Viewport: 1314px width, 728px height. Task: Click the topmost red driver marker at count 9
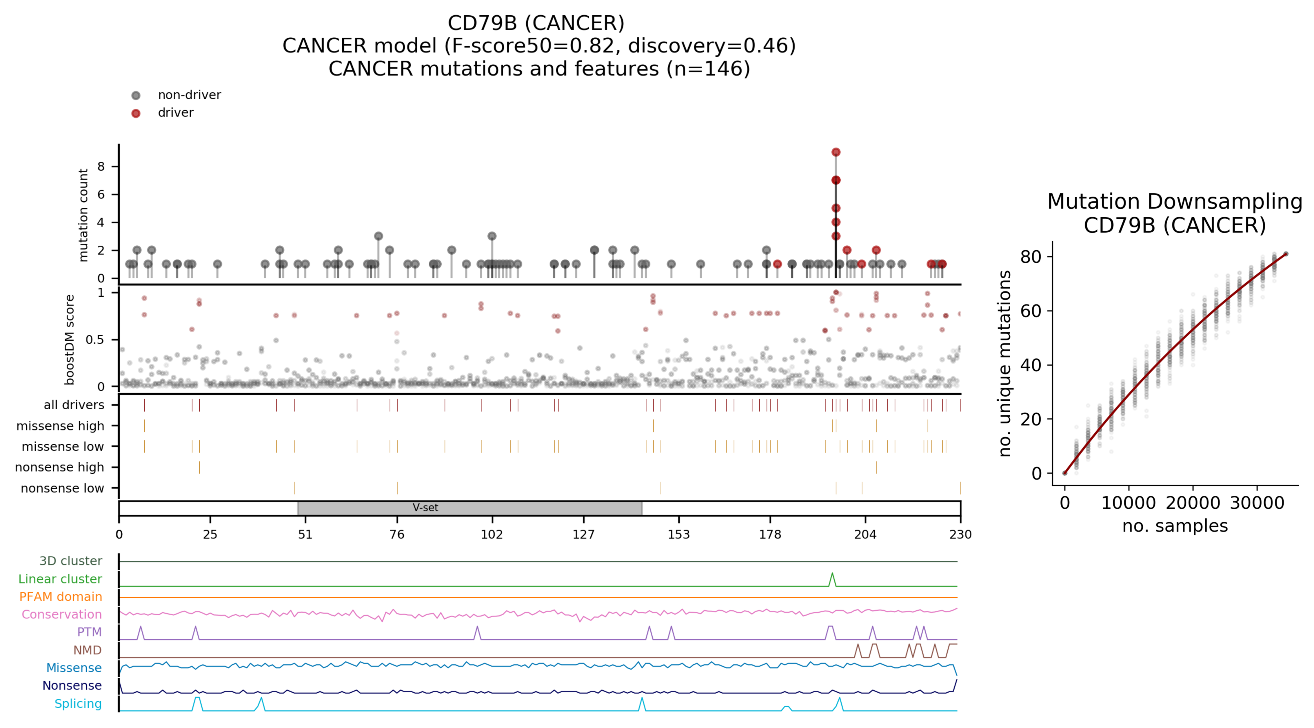836,152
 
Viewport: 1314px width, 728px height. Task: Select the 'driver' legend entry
175,113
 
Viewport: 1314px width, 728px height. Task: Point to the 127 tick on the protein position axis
584,534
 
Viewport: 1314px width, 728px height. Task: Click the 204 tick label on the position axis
865,534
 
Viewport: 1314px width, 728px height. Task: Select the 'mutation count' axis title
83,215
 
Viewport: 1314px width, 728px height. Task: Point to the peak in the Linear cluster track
832,574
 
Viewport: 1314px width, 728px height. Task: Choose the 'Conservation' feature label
62,614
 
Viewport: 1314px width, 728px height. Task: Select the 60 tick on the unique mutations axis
1030,311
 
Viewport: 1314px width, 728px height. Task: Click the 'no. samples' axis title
1174,526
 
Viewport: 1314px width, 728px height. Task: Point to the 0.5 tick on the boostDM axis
95,340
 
